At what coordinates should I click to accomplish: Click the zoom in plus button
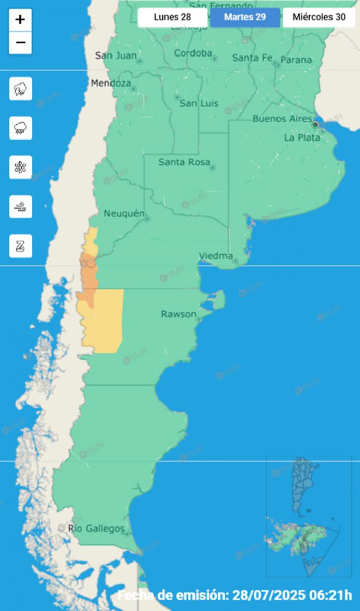click(20, 20)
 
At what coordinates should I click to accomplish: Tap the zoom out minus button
click(20, 43)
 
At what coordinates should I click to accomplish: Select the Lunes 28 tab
click(172, 17)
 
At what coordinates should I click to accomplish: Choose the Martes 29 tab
click(245, 17)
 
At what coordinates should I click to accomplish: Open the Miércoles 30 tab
click(319, 17)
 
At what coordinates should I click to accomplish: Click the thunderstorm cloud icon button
click(20, 89)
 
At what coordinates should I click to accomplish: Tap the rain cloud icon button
click(20, 128)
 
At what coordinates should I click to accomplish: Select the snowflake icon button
click(20, 167)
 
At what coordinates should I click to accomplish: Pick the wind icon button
click(20, 206)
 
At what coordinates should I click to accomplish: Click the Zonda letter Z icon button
click(20, 245)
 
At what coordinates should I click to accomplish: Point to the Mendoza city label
click(111, 84)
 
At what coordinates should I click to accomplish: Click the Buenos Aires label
click(282, 119)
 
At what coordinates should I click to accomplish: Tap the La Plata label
click(302, 137)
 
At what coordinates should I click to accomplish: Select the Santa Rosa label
click(184, 163)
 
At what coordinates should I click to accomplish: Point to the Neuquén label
click(124, 214)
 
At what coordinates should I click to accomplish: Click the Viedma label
click(216, 256)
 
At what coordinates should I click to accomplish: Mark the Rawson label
click(178, 314)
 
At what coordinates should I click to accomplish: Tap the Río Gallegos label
click(96, 529)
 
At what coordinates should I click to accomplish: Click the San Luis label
click(199, 104)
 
